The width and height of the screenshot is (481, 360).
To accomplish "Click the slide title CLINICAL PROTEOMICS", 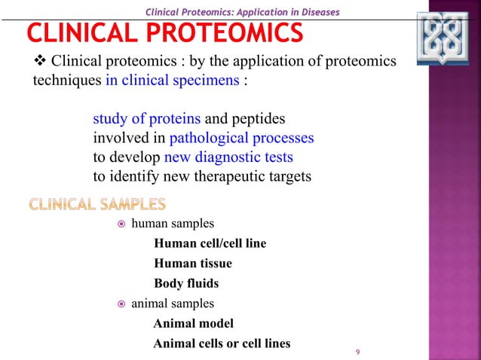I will (165, 33).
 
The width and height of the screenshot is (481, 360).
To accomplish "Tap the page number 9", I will (357, 352).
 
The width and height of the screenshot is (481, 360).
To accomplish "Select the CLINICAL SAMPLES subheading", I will (97, 204).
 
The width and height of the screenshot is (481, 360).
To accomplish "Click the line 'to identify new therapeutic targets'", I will (202, 177).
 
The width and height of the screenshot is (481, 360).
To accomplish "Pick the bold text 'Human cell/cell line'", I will (210, 244).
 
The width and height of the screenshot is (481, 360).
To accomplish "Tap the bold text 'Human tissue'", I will (192, 264).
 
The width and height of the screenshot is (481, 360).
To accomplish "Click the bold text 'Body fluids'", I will (186, 284).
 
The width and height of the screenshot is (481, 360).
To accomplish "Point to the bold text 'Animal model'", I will (193, 324).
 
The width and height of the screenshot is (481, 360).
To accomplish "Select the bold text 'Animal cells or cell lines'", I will (222, 344).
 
